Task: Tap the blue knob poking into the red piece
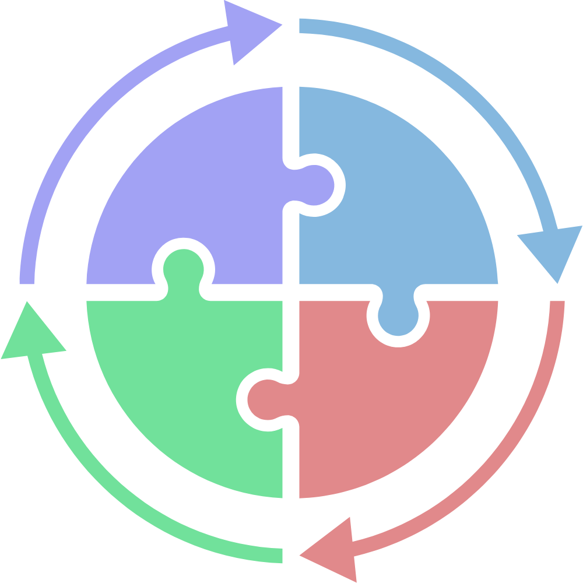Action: click(x=398, y=318)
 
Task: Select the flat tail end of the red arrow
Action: click(x=556, y=305)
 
